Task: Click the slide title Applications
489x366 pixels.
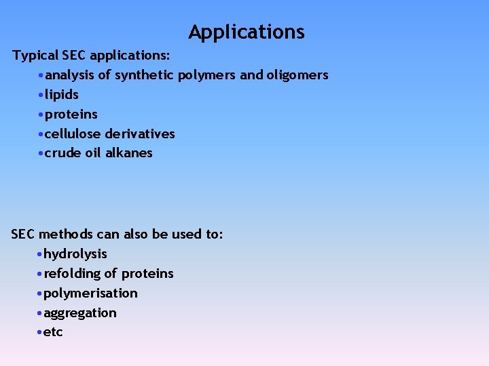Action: click(x=247, y=32)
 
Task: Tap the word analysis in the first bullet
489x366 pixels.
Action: click(x=70, y=75)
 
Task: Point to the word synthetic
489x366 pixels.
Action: click(x=144, y=75)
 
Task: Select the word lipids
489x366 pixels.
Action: click(x=62, y=95)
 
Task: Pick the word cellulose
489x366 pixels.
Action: click(x=73, y=134)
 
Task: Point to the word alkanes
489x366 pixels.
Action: click(x=129, y=153)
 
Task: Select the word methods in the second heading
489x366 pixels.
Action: click(x=65, y=235)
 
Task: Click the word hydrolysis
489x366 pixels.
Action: click(x=75, y=254)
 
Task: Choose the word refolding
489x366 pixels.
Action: click(x=73, y=274)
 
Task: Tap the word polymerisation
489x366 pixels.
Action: click(x=90, y=293)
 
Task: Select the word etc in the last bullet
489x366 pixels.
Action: click(x=54, y=333)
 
